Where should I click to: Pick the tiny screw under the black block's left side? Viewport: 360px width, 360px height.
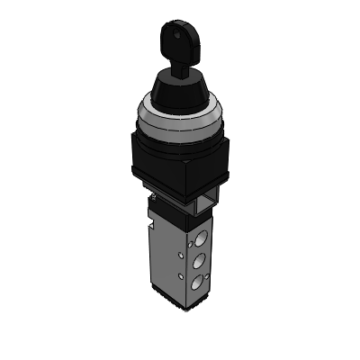coord(154,197)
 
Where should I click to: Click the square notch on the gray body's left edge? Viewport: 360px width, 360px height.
coord(152,225)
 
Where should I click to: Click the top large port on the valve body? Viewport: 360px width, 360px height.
coord(201,238)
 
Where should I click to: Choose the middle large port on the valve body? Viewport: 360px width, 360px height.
coord(199,261)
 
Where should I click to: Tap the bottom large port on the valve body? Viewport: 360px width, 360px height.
coord(197,283)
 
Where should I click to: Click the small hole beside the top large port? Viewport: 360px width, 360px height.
coord(190,245)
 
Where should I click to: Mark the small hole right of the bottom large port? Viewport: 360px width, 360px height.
coord(208,276)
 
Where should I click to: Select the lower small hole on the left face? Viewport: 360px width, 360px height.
coord(181,275)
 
